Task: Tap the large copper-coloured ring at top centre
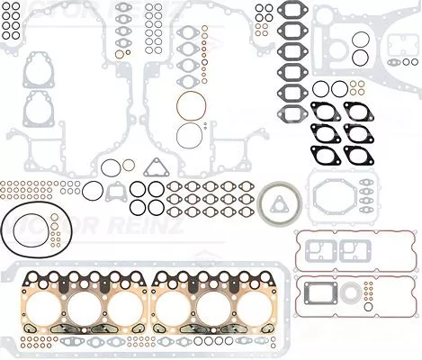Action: [x=191, y=106]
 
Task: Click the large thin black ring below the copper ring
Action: [x=191, y=137]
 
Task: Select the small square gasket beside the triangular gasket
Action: [x=115, y=192]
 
